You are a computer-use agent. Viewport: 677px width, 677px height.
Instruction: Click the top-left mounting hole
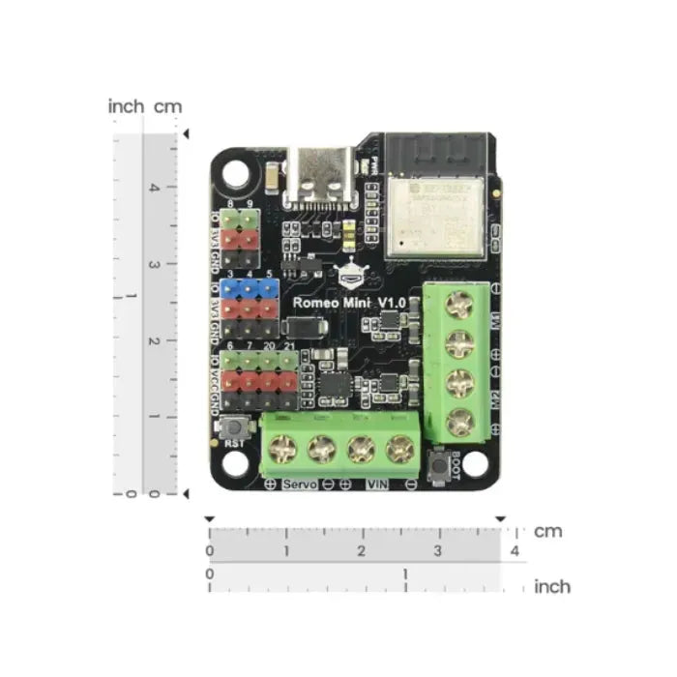pos(238,174)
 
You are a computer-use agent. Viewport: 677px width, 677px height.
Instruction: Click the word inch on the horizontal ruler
pos(552,586)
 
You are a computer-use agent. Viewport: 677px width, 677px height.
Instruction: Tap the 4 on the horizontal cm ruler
pos(515,551)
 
